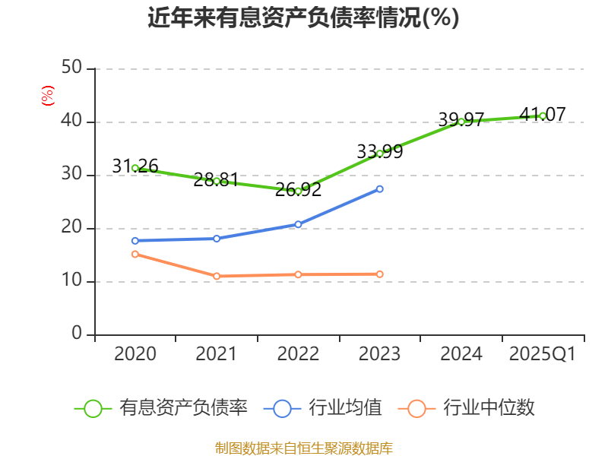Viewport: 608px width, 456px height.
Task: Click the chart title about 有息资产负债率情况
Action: click(303, 17)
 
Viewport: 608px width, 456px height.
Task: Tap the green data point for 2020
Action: click(135, 168)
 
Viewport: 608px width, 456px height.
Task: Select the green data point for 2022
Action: click(299, 191)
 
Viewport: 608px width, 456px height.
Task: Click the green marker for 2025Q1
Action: click(543, 116)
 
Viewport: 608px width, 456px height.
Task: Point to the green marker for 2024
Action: click(461, 122)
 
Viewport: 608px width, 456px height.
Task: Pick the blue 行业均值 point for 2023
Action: click(380, 188)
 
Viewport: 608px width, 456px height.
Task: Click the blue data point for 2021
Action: click(217, 239)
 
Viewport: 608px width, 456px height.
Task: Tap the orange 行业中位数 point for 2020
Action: click(135, 254)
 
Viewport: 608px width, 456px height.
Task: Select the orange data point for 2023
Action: click(380, 274)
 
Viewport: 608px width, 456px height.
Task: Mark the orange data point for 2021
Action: click(217, 276)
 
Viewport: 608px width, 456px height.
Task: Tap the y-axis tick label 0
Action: click(77, 334)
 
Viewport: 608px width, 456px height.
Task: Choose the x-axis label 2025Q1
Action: click(542, 354)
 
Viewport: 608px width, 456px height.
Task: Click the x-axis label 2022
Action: click(298, 354)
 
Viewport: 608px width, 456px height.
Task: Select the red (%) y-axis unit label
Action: click(48, 97)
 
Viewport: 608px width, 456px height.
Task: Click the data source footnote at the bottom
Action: click(303, 448)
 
